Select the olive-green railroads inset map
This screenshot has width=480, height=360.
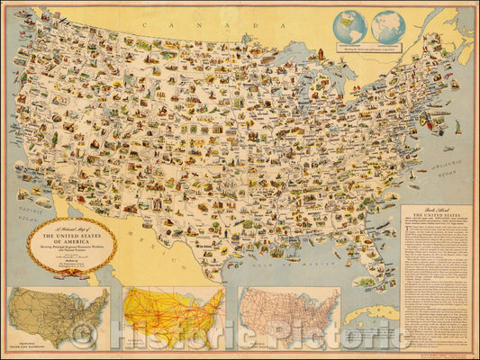coord(57,317)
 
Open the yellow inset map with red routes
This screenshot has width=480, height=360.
coord(173,317)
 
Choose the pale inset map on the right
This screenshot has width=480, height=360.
coord(289,317)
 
